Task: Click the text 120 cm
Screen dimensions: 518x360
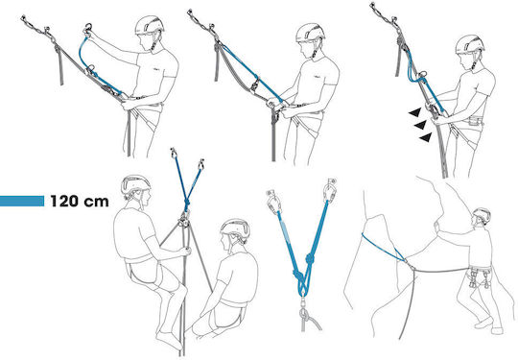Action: pos(80,201)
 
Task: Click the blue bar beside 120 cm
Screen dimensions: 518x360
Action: pos(22,201)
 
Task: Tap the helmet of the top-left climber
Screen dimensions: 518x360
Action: pos(150,25)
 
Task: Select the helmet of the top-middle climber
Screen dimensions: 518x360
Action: pos(310,33)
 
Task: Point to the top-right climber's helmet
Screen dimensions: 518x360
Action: pos(470,44)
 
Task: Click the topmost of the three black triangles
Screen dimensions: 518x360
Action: pos(415,112)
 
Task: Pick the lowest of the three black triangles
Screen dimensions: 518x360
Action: pos(426,137)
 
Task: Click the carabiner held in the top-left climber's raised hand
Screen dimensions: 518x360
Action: pos(88,28)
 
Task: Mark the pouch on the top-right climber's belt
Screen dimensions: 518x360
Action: pos(475,121)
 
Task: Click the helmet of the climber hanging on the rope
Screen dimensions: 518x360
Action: pos(135,184)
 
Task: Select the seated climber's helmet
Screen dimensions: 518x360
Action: pos(235,228)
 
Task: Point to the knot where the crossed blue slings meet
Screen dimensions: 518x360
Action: pos(187,203)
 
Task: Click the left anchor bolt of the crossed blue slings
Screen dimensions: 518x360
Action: pos(173,153)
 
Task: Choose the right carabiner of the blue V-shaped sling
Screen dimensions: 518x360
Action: pos(329,190)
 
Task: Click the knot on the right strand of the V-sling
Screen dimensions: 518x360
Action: pos(310,258)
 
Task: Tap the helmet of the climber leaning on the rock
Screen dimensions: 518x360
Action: pos(482,215)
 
